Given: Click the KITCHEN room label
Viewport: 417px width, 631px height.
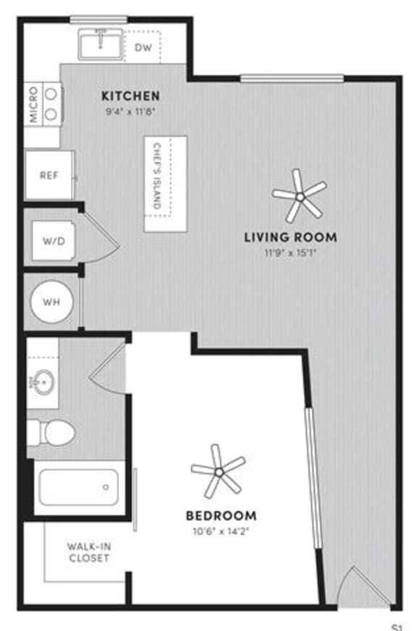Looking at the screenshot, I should tap(130, 96).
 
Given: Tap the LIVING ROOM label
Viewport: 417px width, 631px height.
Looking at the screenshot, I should tap(290, 237).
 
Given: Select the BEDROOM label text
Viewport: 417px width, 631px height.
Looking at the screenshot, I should tap(221, 516).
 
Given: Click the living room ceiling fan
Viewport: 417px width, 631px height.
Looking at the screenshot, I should tap(298, 195).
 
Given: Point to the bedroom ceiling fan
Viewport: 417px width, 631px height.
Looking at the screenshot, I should tap(218, 471).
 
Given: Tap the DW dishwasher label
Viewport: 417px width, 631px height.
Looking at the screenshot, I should tap(143, 48).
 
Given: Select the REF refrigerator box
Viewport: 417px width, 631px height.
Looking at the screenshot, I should tap(49, 174).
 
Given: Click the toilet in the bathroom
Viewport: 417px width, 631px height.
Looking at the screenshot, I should tap(54, 433).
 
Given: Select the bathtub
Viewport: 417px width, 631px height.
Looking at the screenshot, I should tap(78, 487).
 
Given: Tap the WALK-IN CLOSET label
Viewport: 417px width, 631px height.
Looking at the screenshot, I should tap(88, 552).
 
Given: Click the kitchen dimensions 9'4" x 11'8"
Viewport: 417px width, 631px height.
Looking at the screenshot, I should tap(129, 111).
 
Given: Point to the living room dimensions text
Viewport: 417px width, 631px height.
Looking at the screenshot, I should tap(290, 253).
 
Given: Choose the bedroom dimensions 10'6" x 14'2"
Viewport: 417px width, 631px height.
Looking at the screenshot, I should tap(221, 531).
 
